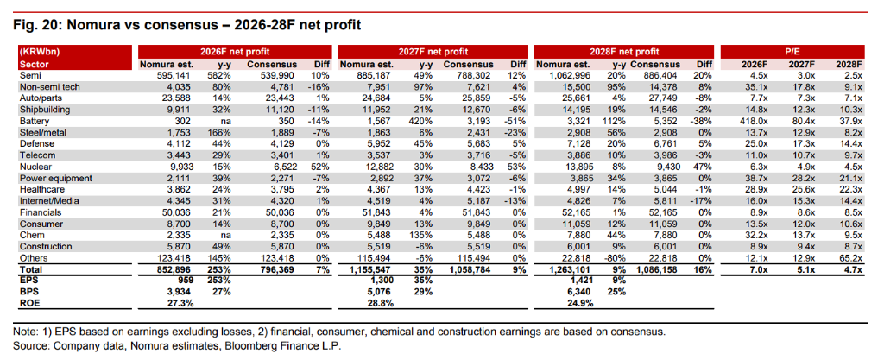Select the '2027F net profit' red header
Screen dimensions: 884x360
[433, 52]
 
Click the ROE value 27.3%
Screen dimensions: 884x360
[181, 304]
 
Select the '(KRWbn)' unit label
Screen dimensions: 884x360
[40, 52]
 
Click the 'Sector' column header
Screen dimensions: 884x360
[34, 65]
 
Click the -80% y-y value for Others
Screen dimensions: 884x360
[617, 258]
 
